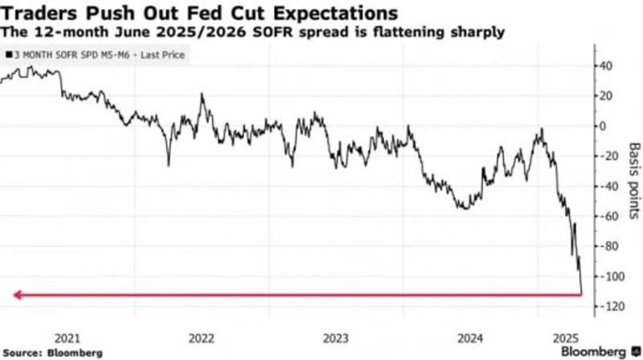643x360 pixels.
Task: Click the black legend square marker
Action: (x=7, y=55)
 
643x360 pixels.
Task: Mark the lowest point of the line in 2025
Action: (x=581, y=294)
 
